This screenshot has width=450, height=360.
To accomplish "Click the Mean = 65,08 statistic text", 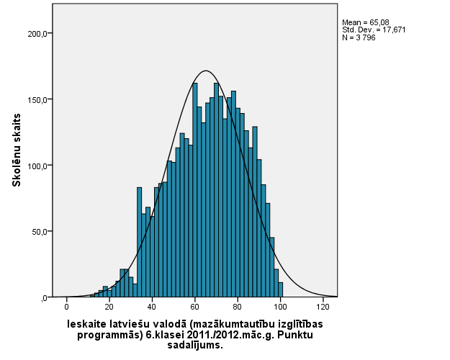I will (364, 22).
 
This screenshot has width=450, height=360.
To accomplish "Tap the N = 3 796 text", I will (359, 37).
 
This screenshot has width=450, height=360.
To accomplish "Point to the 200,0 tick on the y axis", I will (38, 34).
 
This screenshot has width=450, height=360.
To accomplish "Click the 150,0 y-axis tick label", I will (38, 100).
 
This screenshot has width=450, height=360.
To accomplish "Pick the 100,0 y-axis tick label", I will (38, 166).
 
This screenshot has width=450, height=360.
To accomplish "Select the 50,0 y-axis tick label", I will (40, 232).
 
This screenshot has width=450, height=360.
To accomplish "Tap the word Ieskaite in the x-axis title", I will (89, 324).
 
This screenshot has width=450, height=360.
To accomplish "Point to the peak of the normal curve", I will (206, 71).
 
